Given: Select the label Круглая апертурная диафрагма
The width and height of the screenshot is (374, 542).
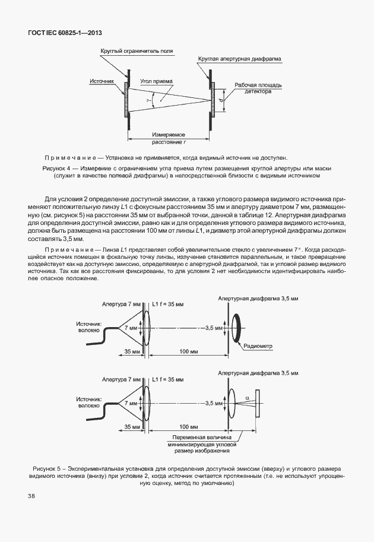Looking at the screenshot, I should (240, 59).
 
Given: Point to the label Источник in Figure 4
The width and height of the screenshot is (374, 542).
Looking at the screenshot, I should (102, 81).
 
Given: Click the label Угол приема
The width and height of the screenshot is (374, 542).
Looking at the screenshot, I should (157, 81).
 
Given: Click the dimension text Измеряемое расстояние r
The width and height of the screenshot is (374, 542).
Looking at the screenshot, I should (169, 138).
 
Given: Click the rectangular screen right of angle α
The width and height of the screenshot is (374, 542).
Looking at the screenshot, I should (258, 403).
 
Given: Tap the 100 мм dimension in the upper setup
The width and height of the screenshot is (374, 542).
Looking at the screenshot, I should (188, 351).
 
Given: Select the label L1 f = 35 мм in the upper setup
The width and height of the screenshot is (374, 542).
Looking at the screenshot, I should (169, 304).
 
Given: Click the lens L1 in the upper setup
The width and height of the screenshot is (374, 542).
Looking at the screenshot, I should (146, 327).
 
